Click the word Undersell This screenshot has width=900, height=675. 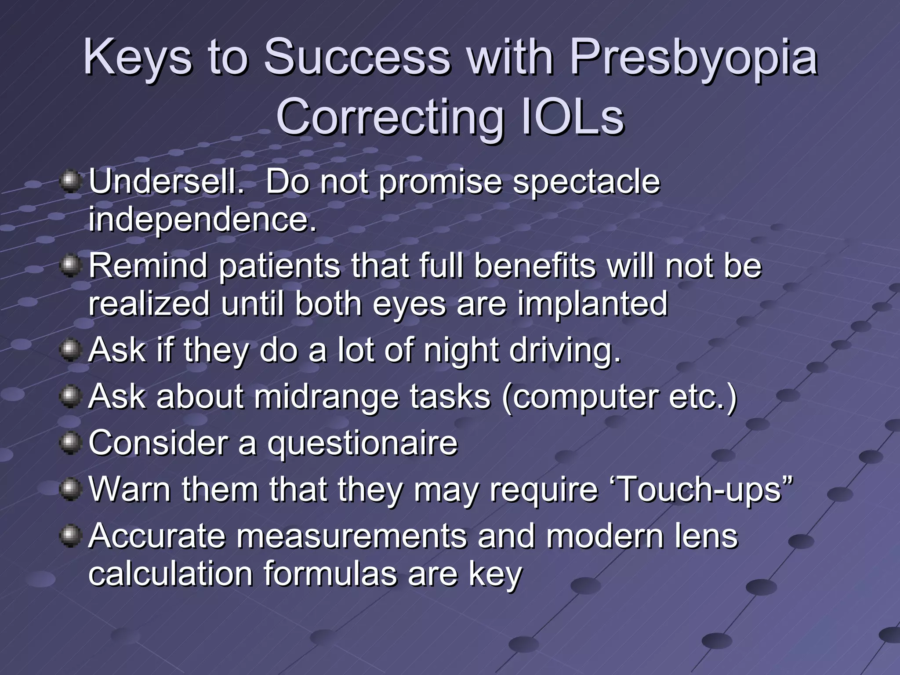166,181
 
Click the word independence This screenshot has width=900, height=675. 202,219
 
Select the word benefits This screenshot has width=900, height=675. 535,266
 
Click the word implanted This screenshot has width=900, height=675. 592,304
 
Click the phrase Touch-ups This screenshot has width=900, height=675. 702,489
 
